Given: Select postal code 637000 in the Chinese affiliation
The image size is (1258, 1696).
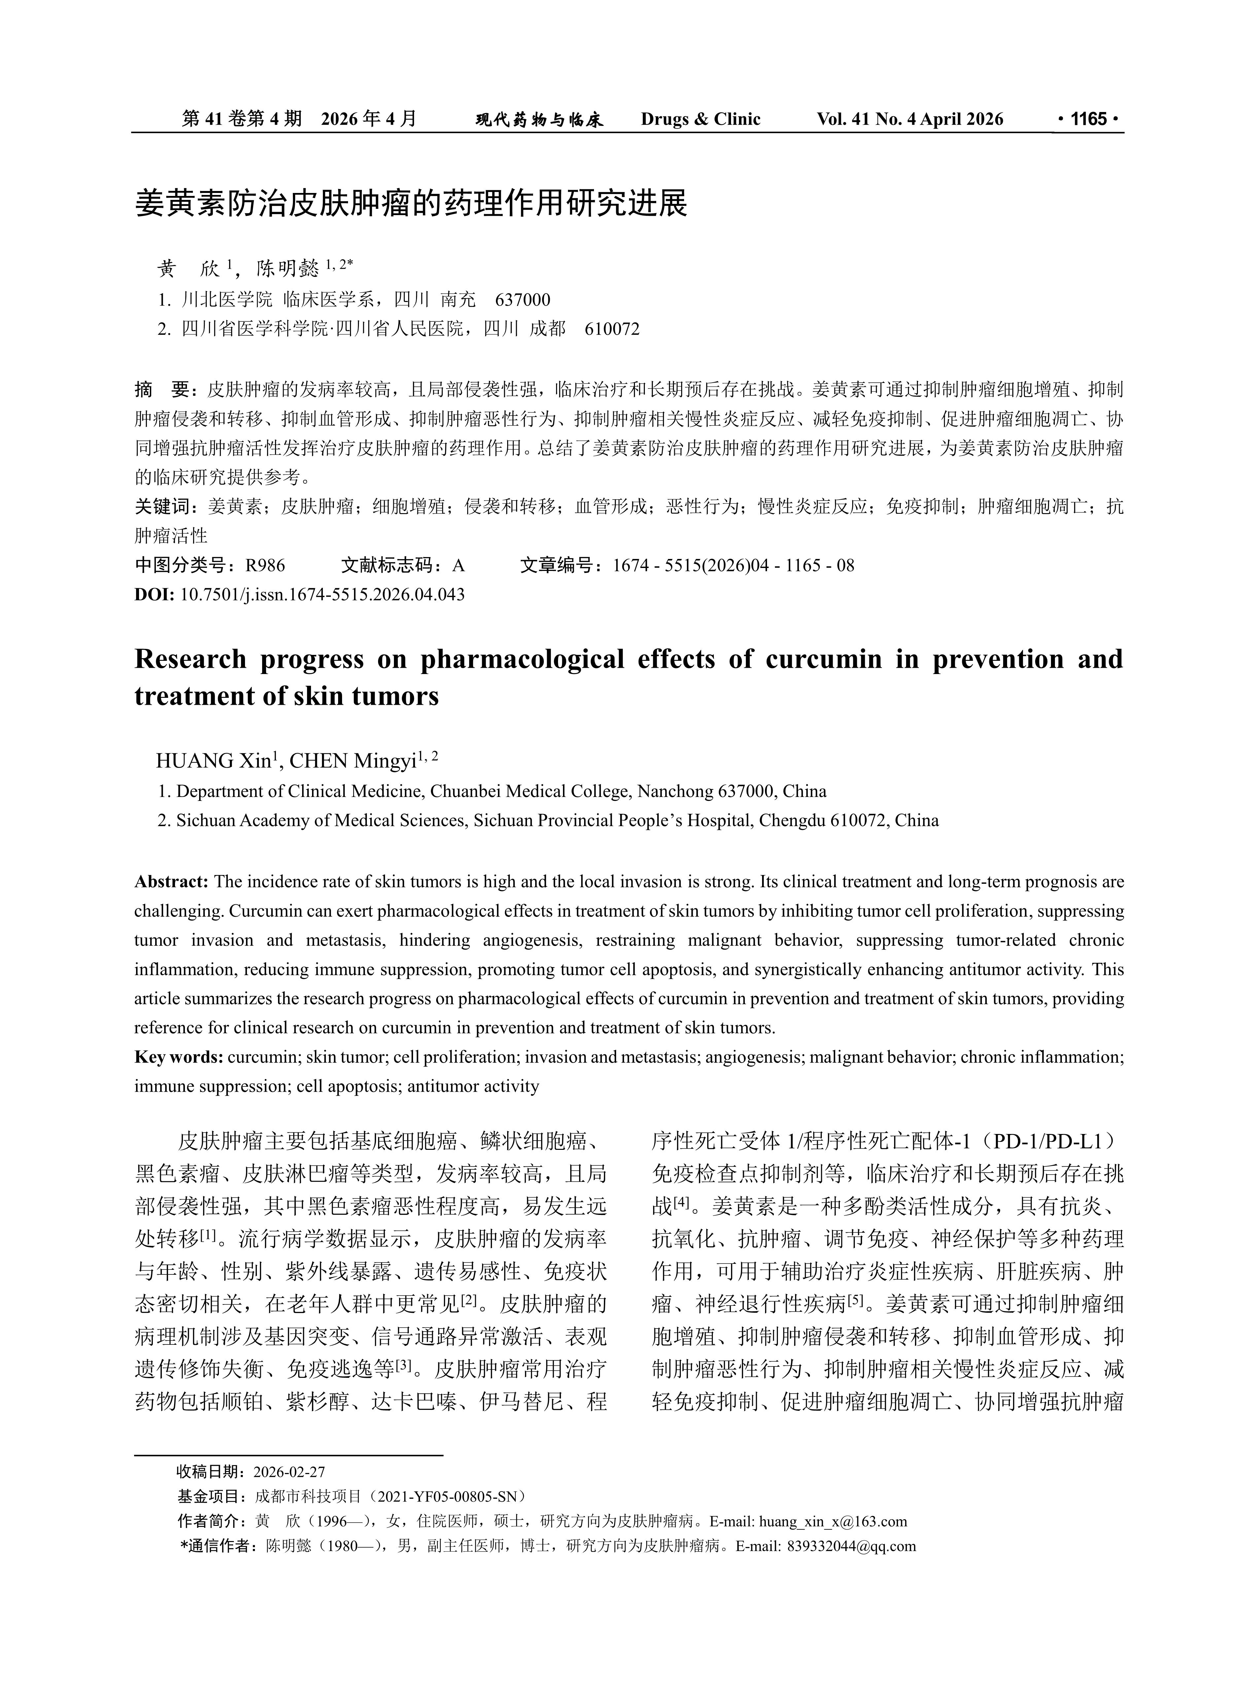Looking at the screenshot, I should coord(522,299).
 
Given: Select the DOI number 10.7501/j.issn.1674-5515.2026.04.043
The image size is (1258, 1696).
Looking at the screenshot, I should coord(322,594).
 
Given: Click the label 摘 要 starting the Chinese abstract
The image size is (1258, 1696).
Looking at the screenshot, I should coord(166,390).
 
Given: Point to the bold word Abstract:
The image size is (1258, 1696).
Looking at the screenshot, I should coord(171,882).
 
